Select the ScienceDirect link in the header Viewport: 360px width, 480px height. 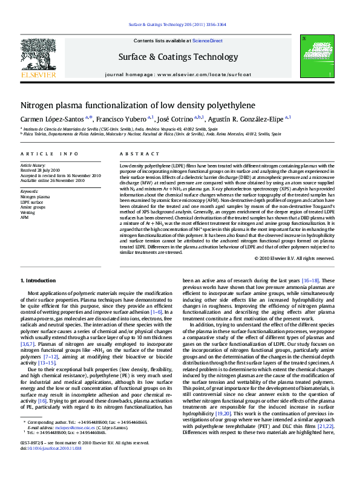pyautogui.click(x=208, y=41)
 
